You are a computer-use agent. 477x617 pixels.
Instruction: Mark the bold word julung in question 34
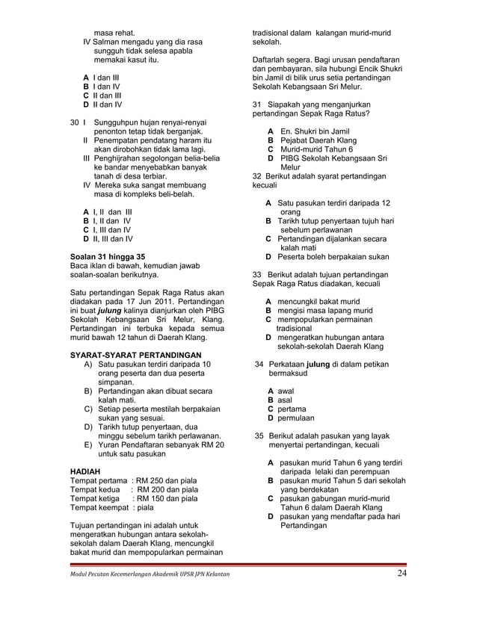pyautogui.click(x=321, y=364)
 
